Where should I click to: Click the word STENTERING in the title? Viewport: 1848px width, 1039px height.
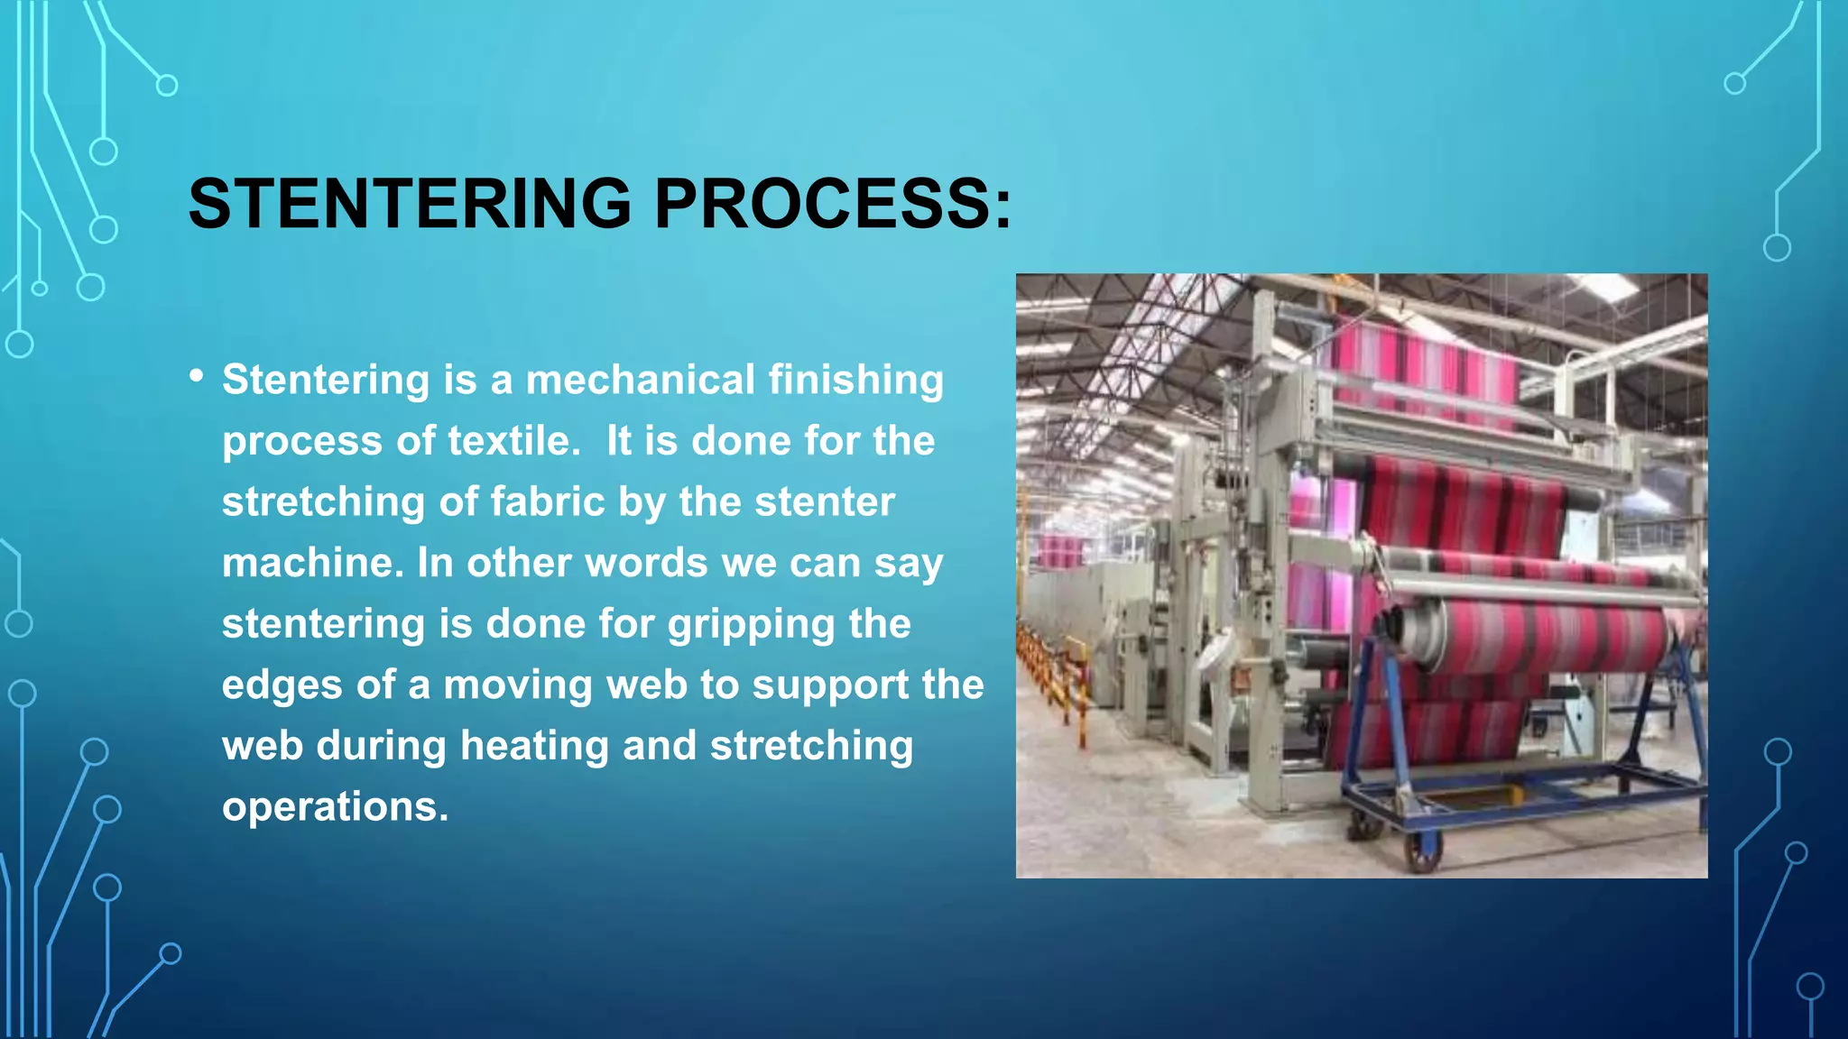click(410, 203)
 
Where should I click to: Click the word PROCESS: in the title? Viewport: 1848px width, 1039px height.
click(832, 203)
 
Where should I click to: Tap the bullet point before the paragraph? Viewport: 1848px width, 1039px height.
click(197, 376)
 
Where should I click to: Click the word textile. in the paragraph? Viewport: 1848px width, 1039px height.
click(514, 441)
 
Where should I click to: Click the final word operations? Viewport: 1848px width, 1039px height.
click(335, 806)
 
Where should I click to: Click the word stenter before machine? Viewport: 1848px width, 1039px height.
click(824, 501)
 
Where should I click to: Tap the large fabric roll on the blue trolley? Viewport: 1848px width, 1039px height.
click(1534, 636)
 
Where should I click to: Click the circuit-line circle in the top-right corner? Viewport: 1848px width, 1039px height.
click(1734, 84)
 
